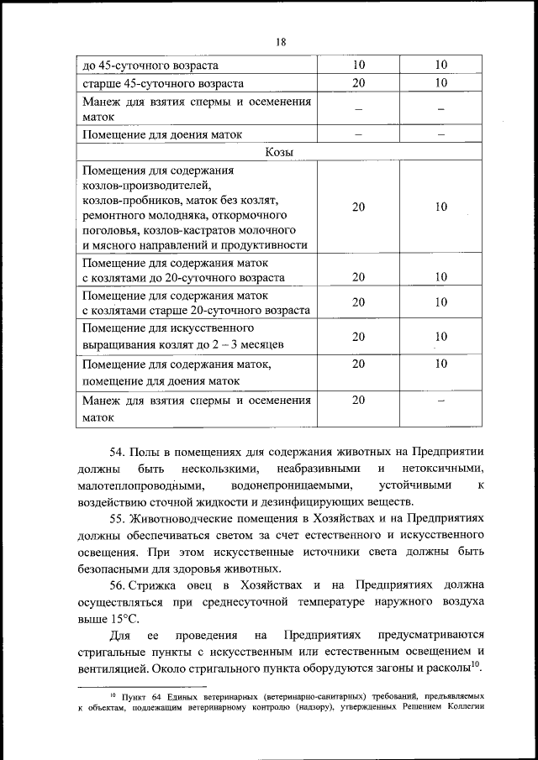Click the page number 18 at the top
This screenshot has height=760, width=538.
(280, 44)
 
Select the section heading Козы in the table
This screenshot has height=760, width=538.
(280, 152)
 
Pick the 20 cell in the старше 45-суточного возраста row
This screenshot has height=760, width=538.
(358, 83)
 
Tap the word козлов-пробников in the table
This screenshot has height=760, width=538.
(128, 200)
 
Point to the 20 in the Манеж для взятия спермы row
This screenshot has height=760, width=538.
(358, 400)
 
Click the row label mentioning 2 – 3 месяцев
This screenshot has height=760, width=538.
(184, 344)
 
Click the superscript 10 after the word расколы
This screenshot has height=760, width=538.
(474, 664)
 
